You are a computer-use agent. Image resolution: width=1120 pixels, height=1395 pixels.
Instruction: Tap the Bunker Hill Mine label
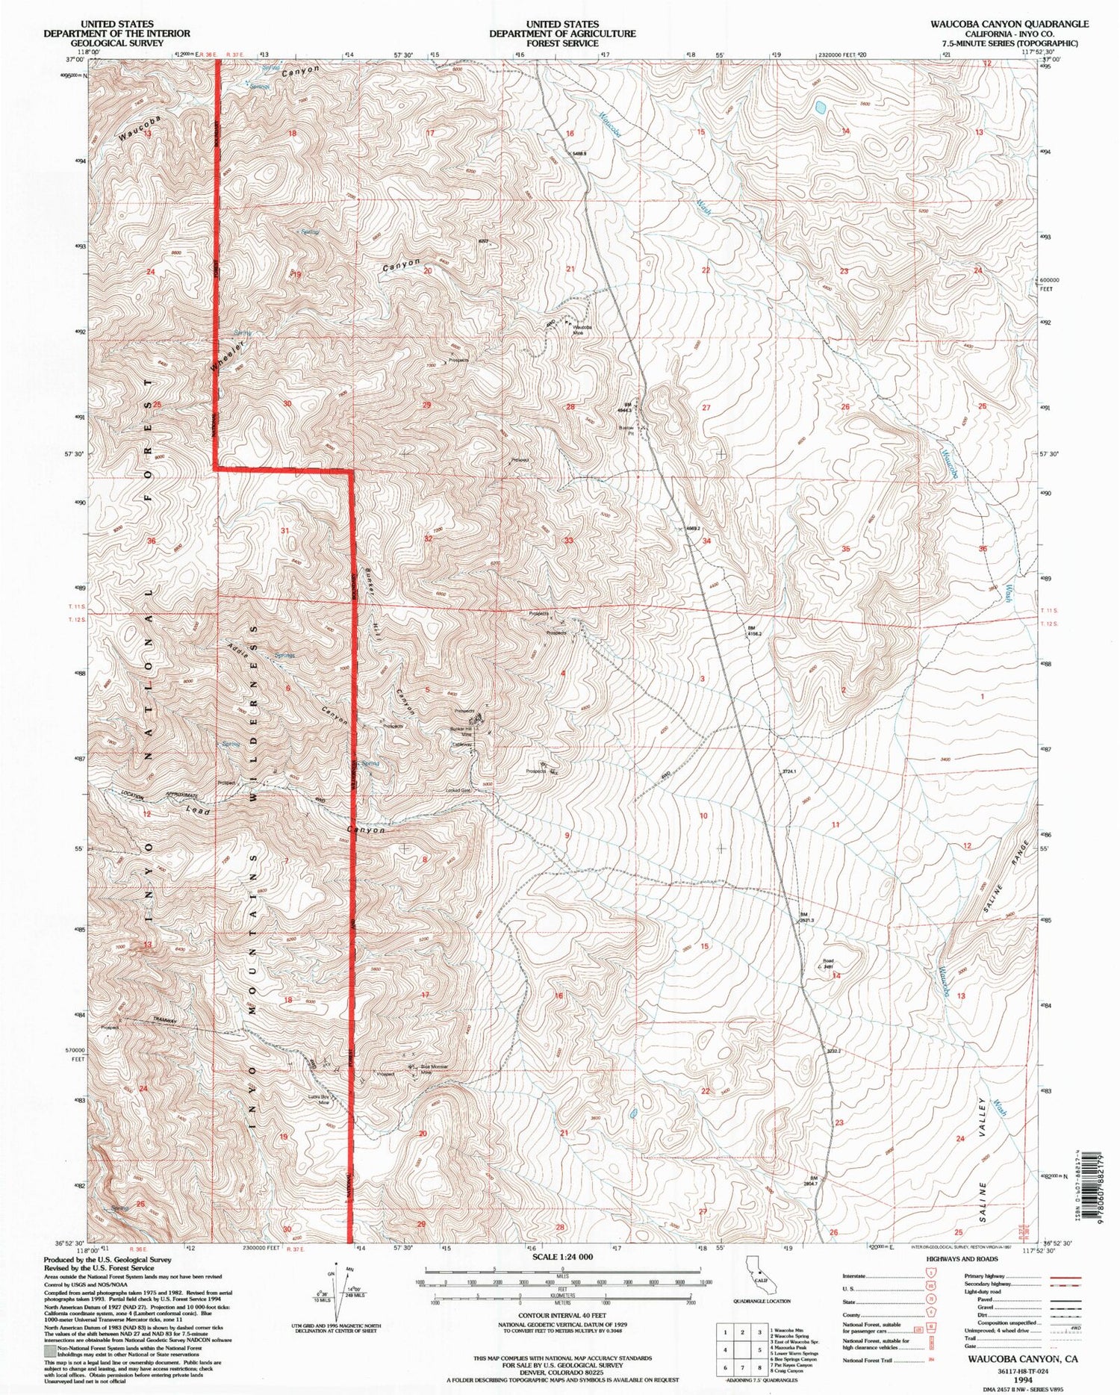460,733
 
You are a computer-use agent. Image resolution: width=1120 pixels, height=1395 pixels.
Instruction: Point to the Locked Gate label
458,790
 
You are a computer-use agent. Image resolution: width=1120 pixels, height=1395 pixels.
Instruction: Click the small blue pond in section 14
821,108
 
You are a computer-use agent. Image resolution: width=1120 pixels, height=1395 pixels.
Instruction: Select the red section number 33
569,540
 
